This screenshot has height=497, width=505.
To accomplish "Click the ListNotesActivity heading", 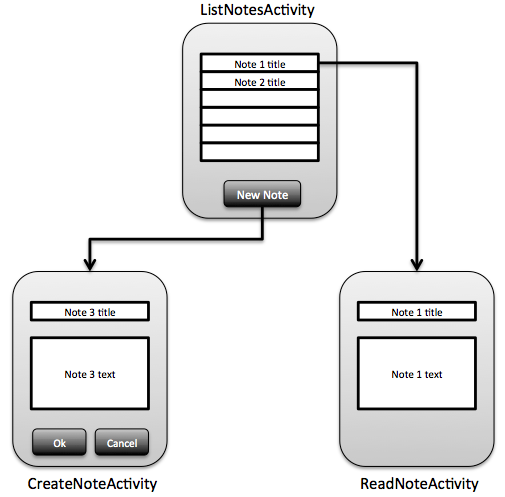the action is click(x=257, y=10).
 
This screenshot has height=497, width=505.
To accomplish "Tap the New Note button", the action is click(x=262, y=194).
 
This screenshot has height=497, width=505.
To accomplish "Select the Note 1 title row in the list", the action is click(x=260, y=63).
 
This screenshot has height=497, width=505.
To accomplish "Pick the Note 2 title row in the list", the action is click(x=260, y=81).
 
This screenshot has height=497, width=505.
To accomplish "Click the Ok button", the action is click(x=59, y=442).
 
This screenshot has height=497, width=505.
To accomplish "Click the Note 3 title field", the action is click(x=90, y=311).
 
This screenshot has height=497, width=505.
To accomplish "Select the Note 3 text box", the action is click(x=90, y=373).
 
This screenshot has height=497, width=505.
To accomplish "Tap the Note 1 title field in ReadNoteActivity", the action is click(x=417, y=311).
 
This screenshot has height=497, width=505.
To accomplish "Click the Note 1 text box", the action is click(x=417, y=373).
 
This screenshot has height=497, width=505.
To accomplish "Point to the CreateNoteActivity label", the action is click(x=92, y=484).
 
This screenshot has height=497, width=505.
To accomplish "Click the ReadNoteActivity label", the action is click(x=419, y=484).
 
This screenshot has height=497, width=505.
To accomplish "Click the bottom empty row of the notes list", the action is click(x=260, y=152).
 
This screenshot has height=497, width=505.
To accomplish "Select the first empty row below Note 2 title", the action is click(x=260, y=99).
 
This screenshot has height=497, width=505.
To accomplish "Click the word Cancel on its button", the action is click(x=122, y=443).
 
